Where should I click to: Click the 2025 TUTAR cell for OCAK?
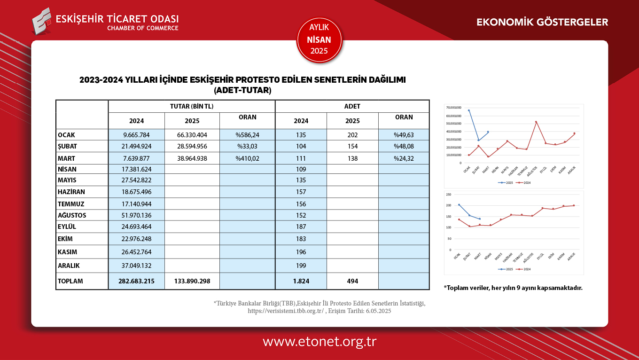coord(192,135)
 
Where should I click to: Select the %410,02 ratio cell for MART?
coord(247,158)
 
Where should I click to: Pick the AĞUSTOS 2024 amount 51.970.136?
coord(136,215)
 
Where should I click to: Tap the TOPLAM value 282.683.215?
coord(136,281)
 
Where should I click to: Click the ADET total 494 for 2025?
coord(352,281)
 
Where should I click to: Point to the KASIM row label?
coord(67,252)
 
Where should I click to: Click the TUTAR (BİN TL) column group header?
coord(192,106)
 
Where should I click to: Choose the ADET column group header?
coord(352,106)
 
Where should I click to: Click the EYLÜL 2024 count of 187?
coord(301,227)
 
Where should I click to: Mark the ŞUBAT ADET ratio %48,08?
coord(404,147)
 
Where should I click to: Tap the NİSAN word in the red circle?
coord(319,40)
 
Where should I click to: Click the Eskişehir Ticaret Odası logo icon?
coord(42,21)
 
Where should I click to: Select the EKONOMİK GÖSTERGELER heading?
coord(542,22)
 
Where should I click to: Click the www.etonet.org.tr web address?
coord(319,342)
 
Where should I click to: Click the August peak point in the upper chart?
coord(536,122)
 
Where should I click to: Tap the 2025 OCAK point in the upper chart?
coord(468,110)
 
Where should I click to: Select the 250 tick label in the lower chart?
coord(448,194)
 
